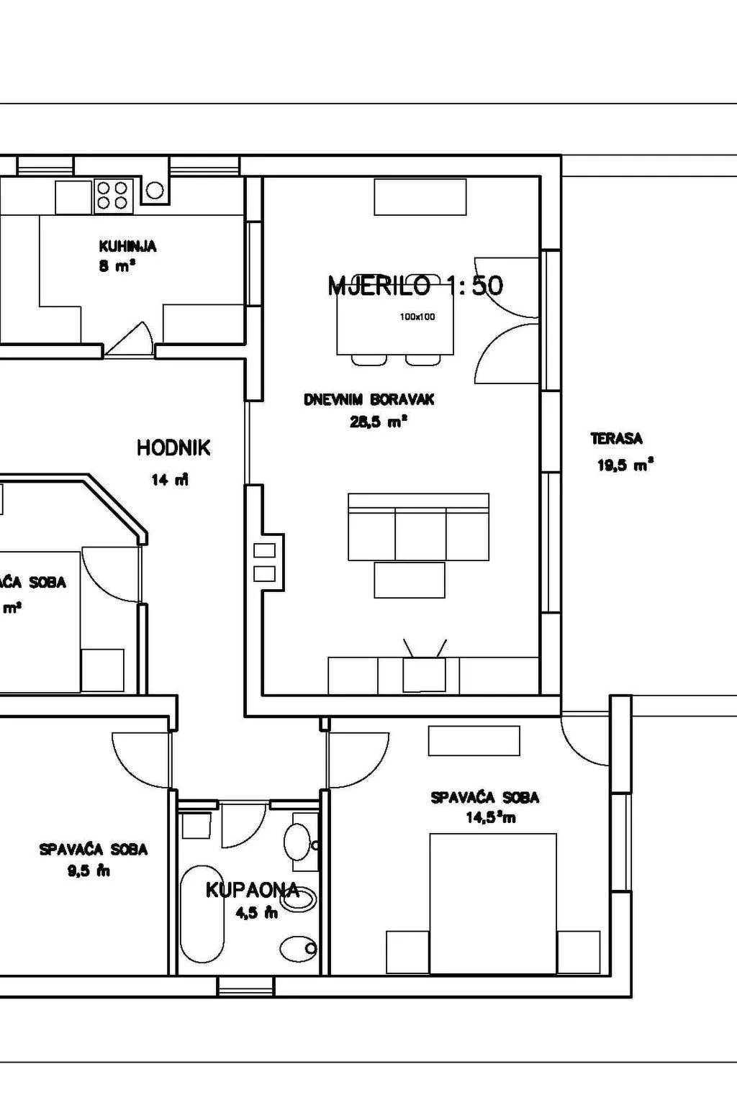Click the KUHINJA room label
tap(127, 246)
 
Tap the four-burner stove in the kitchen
tap(112, 195)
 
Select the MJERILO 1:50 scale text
tap(415, 286)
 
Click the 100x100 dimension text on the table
tap(417, 317)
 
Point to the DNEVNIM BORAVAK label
tap(369, 400)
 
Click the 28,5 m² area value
tap(379, 422)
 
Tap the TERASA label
tap(616, 438)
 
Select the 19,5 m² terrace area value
tap(625, 465)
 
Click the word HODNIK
tap(173, 448)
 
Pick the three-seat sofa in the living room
tap(419, 527)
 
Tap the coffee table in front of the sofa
tap(409, 580)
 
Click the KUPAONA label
tap(252, 890)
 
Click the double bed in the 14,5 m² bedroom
tap(493, 904)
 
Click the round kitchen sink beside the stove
tap(155, 191)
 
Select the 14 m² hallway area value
tap(170, 480)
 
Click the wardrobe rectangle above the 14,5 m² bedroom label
tap(474, 741)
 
